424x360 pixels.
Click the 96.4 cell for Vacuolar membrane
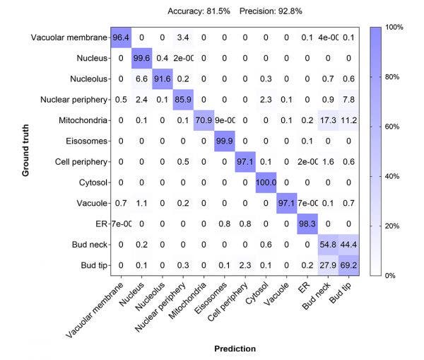(x=122, y=37)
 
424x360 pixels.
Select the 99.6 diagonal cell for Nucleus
(x=144, y=58)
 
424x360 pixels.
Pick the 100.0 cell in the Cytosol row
(x=264, y=182)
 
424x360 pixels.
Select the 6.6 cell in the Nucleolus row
(x=144, y=79)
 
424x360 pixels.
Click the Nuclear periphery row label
(x=73, y=100)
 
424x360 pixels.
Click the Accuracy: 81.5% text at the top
(x=199, y=11)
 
